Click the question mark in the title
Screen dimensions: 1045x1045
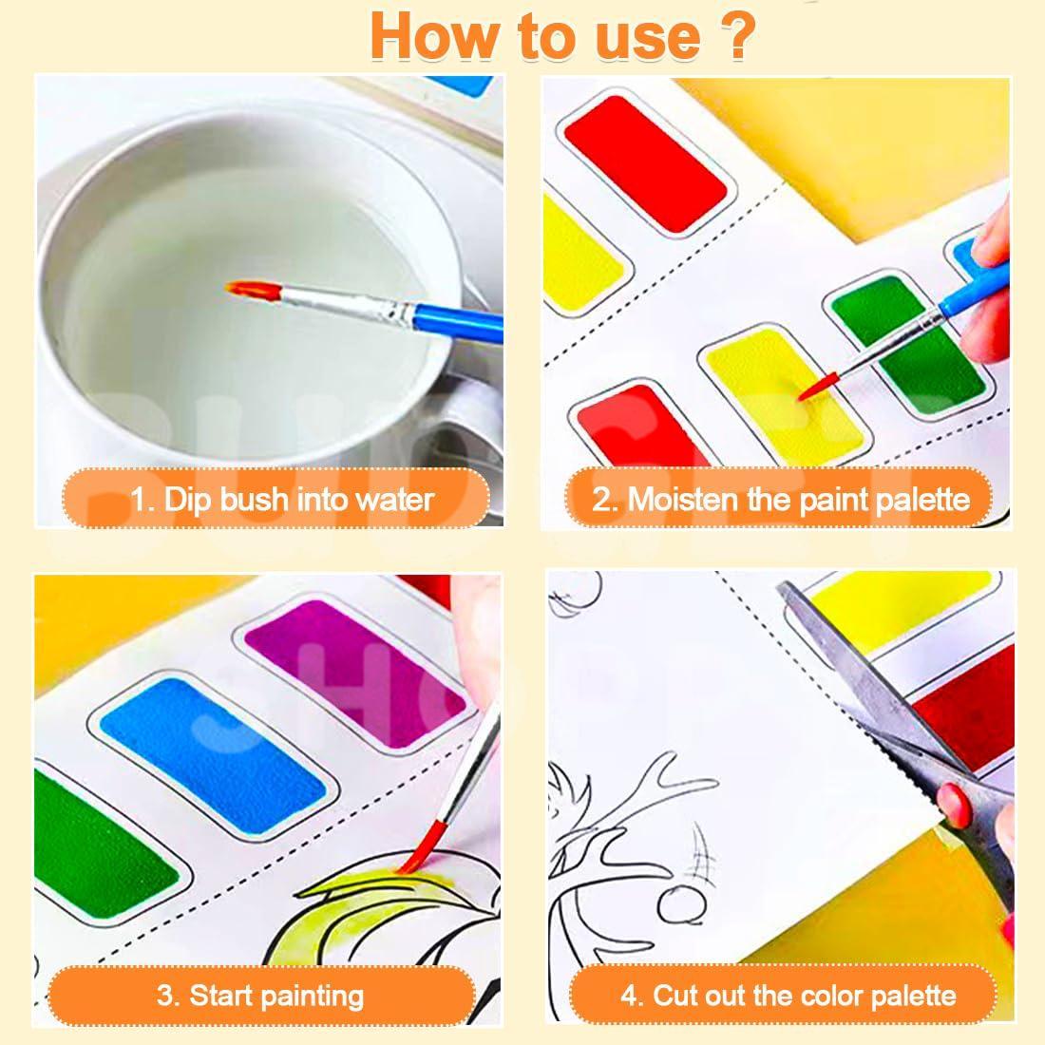pyautogui.click(x=735, y=36)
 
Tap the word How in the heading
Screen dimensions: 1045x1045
pyautogui.click(x=435, y=36)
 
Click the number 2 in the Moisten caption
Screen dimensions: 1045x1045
pyautogui.click(x=602, y=499)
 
